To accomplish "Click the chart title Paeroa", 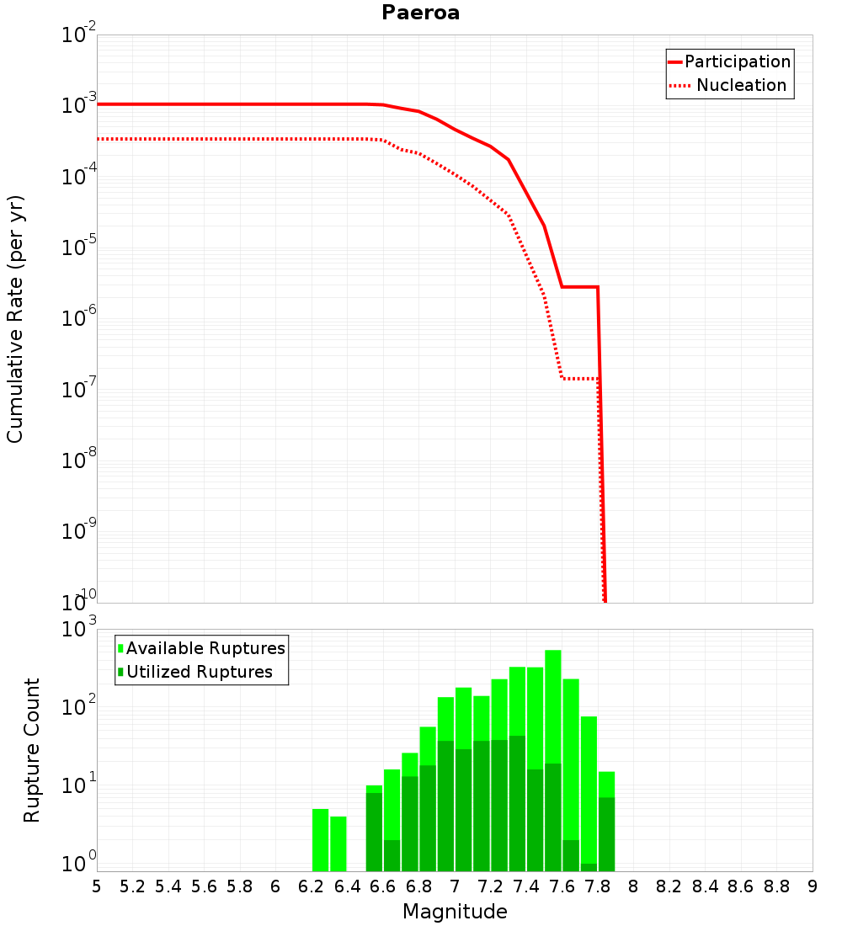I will tap(420, 13).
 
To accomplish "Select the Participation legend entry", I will tap(737, 61).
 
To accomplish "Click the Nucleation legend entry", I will tap(741, 85).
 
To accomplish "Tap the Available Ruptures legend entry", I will tap(205, 648).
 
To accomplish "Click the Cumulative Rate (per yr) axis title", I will tap(15, 318).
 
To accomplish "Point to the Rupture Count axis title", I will tap(32, 749).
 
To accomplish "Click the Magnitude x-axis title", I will tap(455, 912).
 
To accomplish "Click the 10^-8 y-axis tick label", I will tap(79, 460).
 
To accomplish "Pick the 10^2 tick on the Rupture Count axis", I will tap(79, 705).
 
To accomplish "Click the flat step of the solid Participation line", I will tap(580, 287).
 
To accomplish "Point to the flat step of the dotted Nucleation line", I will tap(580, 379).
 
